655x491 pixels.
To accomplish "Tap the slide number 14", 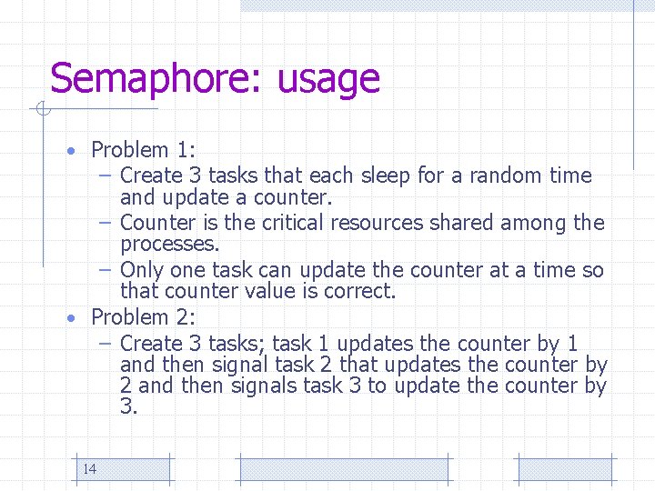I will (x=89, y=469).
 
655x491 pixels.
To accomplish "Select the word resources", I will (x=385, y=223).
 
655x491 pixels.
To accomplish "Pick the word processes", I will (x=169, y=245).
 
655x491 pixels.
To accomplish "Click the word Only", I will (x=141, y=270).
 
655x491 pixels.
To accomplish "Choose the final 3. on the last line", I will (x=128, y=406).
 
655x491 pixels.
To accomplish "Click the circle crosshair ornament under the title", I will (x=43, y=110).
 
